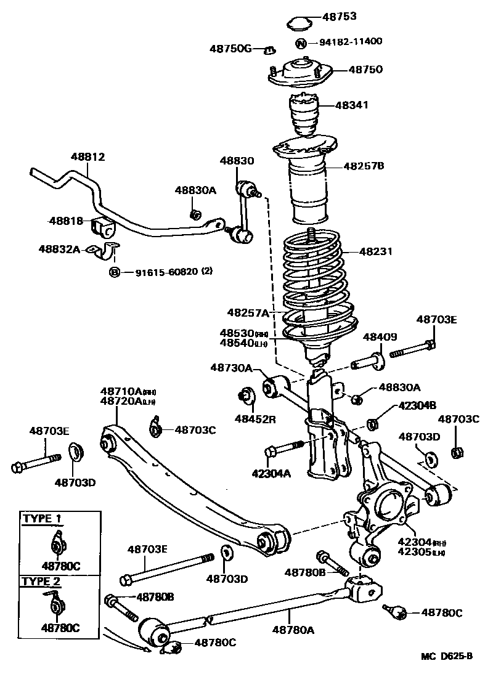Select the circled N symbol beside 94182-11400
[x=301, y=43]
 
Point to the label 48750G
[x=230, y=49]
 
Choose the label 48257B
[x=364, y=166]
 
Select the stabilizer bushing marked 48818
[x=103, y=228]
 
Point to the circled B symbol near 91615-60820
[x=115, y=272]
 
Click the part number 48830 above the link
[x=237, y=160]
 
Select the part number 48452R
[x=255, y=419]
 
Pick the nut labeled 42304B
[x=372, y=423]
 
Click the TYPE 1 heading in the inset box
[x=42, y=518]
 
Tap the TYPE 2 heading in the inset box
[x=42, y=581]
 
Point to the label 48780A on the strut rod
[x=293, y=629]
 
